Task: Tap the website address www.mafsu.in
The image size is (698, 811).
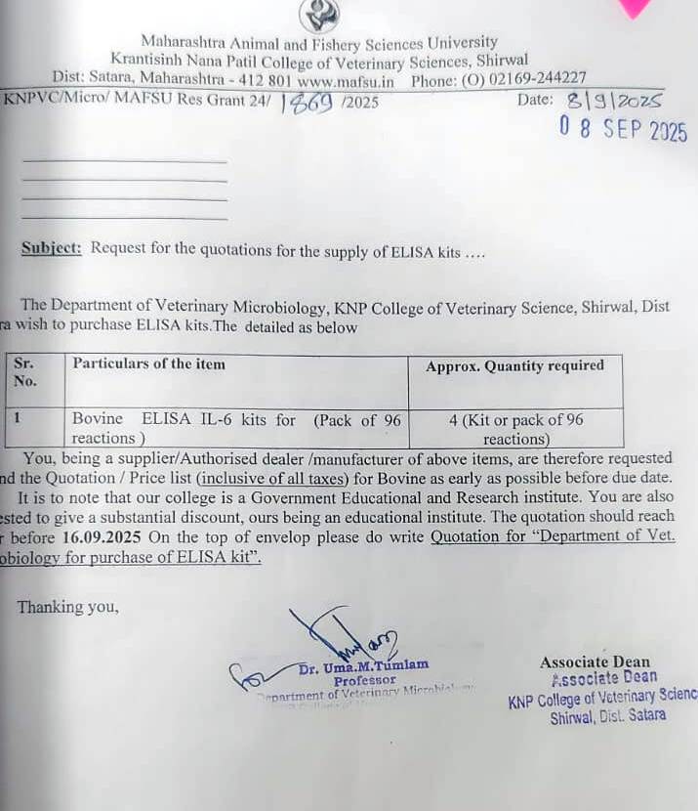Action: tap(346, 79)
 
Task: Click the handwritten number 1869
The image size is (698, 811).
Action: tap(307, 102)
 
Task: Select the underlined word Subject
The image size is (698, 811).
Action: tap(51, 248)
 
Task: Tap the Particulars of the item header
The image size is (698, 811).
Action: tap(148, 364)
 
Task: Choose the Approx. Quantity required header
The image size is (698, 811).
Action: tap(514, 365)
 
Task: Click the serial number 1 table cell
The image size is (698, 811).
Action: tap(18, 418)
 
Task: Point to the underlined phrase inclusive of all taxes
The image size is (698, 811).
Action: tap(275, 478)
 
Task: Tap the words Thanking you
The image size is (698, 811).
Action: tap(67, 607)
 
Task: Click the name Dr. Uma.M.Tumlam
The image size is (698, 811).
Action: tap(363, 666)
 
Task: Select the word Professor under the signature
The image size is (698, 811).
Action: tap(364, 680)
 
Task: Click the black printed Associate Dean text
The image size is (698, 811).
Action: tap(595, 662)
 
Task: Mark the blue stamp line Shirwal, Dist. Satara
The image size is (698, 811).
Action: tap(607, 715)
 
